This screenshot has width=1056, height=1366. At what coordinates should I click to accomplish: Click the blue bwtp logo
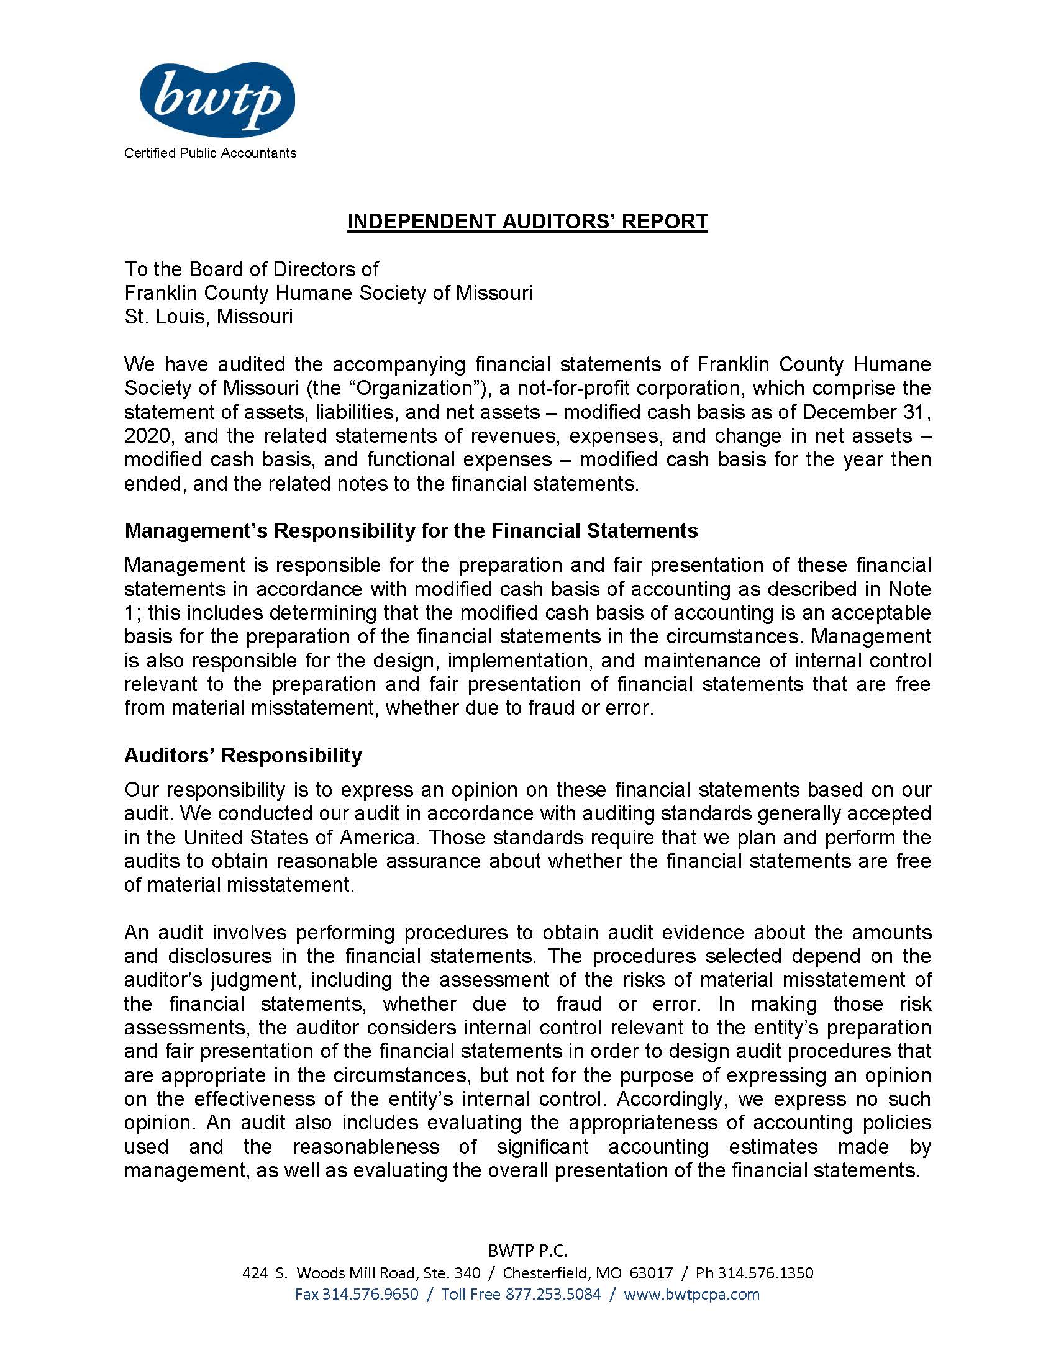[x=216, y=99]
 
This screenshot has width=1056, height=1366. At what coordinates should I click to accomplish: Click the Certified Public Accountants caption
[x=210, y=153]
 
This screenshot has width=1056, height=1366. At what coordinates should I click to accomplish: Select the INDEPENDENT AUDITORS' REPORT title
[x=527, y=222]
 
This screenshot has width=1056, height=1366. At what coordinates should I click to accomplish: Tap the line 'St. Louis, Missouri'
[x=208, y=317]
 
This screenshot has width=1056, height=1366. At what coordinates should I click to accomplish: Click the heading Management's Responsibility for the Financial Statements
[x=411, y=531]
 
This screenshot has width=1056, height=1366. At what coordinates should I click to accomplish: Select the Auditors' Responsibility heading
[x=243, y=756]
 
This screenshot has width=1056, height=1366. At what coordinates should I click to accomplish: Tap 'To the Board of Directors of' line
[x=252, y=269]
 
